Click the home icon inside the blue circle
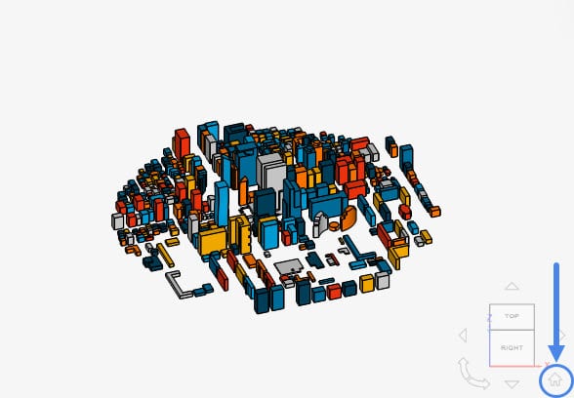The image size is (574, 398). pyautogui.click(x=555, y=380)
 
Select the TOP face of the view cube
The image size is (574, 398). pyautogui.click(x=512, y=316)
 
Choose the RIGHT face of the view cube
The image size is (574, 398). pyautogui.click(x=512, y=348)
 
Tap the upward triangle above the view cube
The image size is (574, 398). pyautogui.click(x=512, y=286)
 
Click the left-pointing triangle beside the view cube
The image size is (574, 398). pyautogui.click(x=463, y=336)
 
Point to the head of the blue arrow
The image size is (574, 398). pyautogui.click(x=556, y=354)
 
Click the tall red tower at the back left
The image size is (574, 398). pyautogui.click(x=182, y=143)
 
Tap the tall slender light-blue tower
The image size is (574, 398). pyautogui.click(x=222, y=204)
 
